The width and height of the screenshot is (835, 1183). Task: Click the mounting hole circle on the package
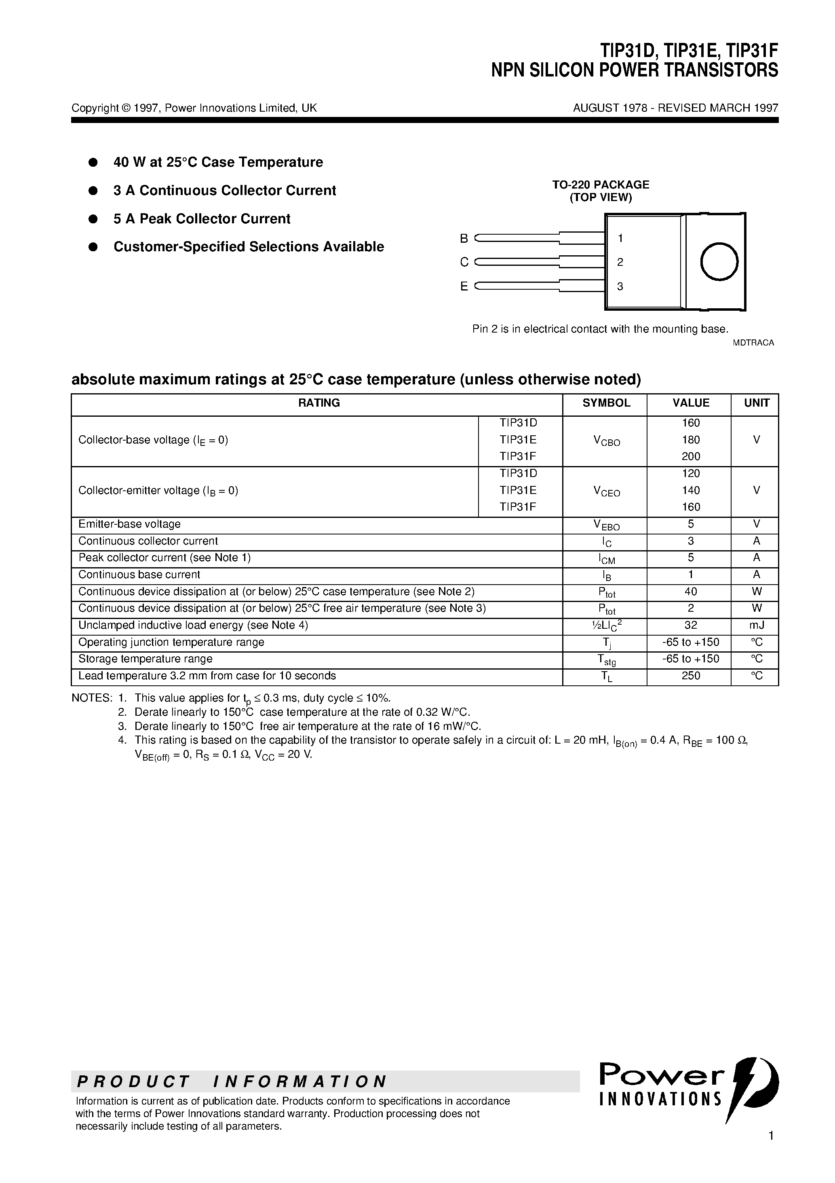pyautogui.click(x=719, y=262)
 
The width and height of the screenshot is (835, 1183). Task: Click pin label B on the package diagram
pyautogui.click(x=464, y=239)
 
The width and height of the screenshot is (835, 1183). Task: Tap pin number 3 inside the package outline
pyautogui.click(x=620, y=286)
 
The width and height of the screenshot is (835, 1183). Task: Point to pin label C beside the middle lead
pyautogui.click(x=464, y=262)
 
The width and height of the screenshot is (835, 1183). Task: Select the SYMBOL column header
pyautogui.click(x=606, y=403)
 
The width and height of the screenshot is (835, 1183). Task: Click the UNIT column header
pyautogui.click(x=756, y=403)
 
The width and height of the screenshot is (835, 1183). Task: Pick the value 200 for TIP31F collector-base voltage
pyautogui.click(x=690, y=456)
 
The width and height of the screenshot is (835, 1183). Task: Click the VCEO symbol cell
pyautogui.click(x=606, y=492)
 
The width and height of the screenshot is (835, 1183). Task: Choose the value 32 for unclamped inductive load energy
pyautogui.click(x=690, y=625)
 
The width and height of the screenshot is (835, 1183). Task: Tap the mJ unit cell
pyautogui.click(x=756, y=625)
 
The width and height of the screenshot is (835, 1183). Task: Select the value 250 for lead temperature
pyautogui.click(x=690, y=676)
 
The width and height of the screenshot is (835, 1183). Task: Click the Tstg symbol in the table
pyautogui.click(x=606, y=660)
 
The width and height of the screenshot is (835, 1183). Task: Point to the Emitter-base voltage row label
pyautogui.click(x=129, y=524)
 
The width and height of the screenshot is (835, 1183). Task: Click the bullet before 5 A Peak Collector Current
pyautogui.click(x=93, y=219)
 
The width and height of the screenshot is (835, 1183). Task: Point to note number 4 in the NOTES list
pyautogui.click(x=122, y=740)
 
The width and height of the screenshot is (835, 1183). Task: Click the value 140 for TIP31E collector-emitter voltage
pyautogui.click(x=690, y=490)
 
